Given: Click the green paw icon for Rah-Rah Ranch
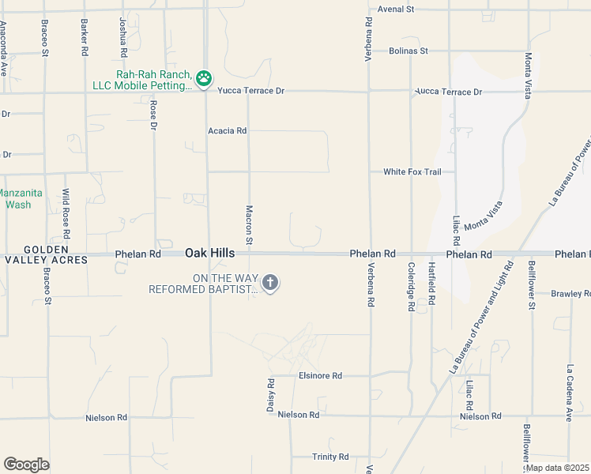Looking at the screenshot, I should click(204, 77).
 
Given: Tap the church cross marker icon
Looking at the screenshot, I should click(270, 283).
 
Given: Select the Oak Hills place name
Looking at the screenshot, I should click(209, 253).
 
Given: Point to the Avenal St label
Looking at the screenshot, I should click(396, 9).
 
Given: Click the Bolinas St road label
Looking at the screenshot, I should click(408, 51).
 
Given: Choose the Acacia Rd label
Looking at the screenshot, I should click(228, 130).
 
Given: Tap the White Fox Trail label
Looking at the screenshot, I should click(412, 171).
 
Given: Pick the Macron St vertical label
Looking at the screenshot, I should click(249, 224).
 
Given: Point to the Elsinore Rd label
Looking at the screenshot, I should click(320, 376).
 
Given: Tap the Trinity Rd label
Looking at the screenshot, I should click(330, 457).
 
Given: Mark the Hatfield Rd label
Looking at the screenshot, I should click(431, 284).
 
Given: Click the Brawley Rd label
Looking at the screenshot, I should click(570, 294).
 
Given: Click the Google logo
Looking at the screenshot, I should click(26, 464).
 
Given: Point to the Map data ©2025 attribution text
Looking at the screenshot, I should click(556, 468).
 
